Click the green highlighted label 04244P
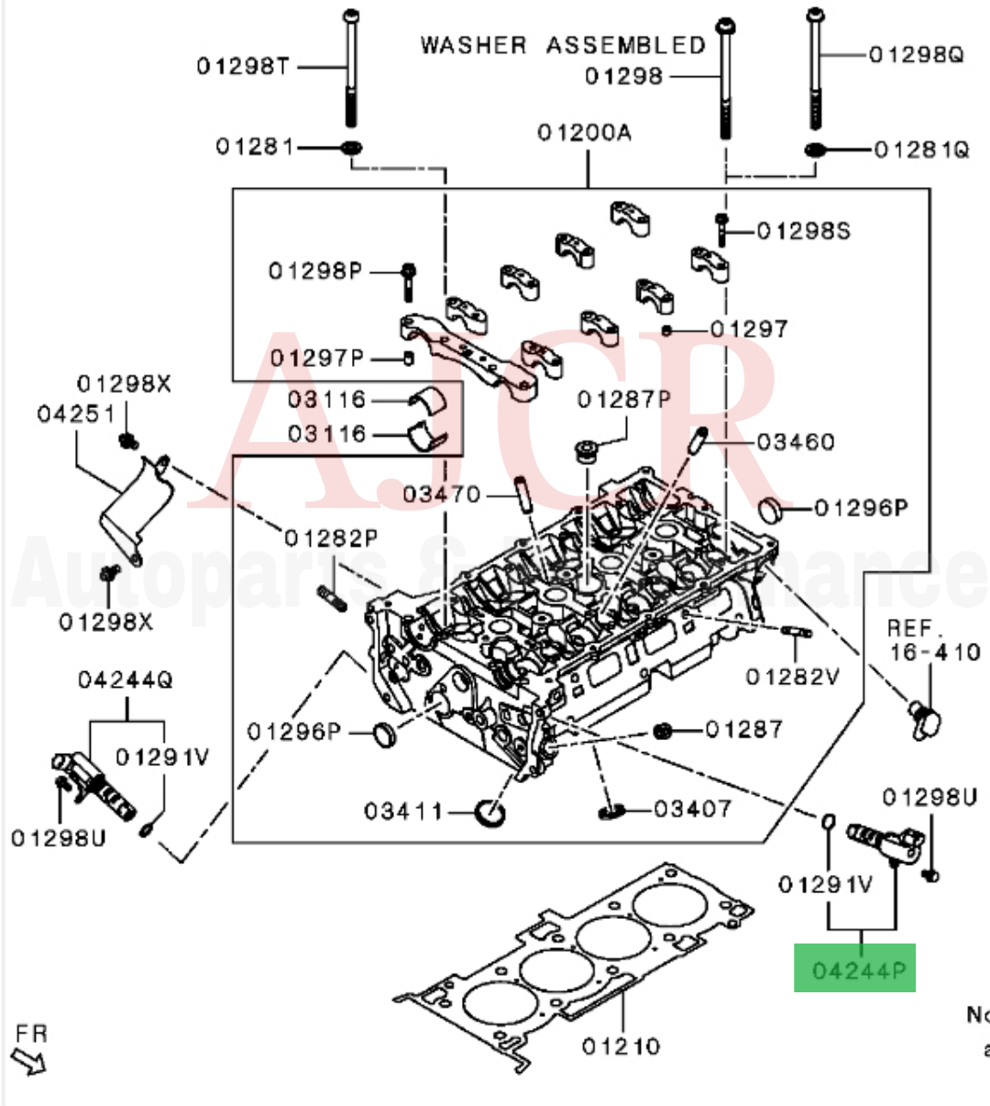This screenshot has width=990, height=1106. coord(854,968)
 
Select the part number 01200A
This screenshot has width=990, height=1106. coord(584,133)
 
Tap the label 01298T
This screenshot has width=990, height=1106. coord(242,66)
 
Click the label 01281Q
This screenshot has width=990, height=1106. coord(921,149)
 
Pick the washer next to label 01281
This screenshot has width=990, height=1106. coord(351,148)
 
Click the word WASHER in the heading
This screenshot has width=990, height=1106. coord(473,46)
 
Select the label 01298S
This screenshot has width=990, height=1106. coord(803,230)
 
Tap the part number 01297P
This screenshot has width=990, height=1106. coord(316,358)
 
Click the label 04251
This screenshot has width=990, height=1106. coord(76,414)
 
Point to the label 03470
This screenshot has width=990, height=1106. coord(441,495)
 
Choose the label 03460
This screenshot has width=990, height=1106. coord(796,442)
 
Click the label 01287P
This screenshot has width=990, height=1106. coord(623,400)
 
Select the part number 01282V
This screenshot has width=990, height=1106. coord(792,677)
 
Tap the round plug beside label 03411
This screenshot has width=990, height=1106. coord(490,813)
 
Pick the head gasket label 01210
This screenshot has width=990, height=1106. coord(621,1046)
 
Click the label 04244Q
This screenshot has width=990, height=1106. coord(125,680)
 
